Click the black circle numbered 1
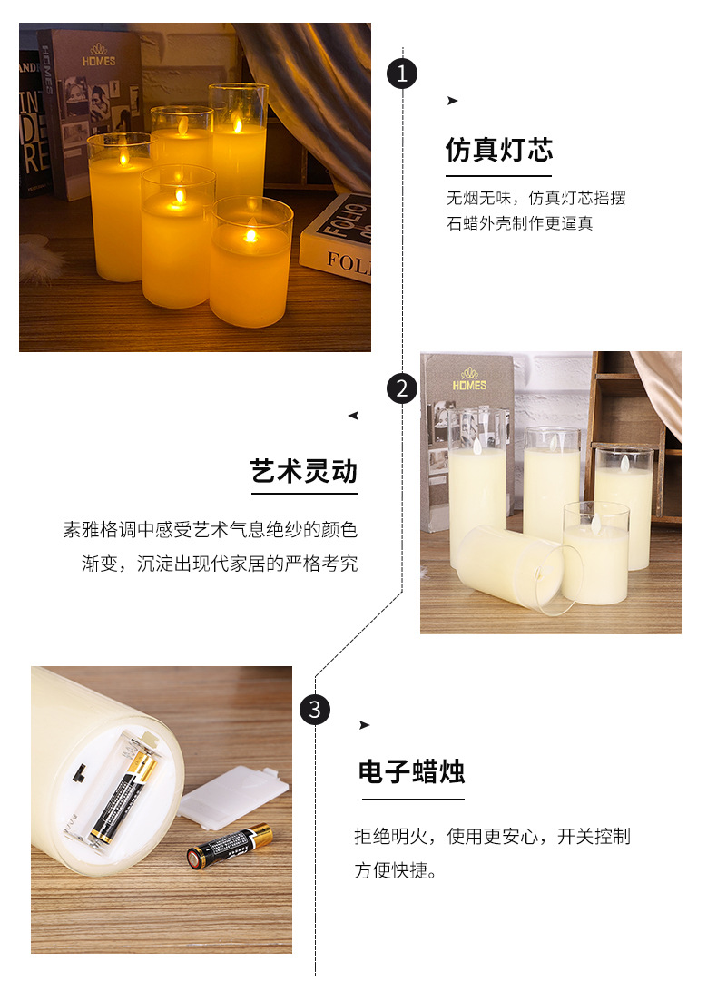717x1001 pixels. pos(402,73)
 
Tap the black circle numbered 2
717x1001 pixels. pos(402,388)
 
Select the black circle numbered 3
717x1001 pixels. pos(314,709)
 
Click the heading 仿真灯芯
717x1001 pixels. pos(498,150)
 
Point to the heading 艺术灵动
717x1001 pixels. pos(304,472)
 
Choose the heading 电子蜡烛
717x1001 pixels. pos(411,772)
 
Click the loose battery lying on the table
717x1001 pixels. pos(230,846)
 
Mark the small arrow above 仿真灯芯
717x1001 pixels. pos(452,101)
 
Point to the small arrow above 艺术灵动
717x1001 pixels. pos(353,416)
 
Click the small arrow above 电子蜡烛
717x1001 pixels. pos(364,724)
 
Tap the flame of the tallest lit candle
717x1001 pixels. pos(239,124)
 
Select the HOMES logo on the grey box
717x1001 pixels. pos(469,378)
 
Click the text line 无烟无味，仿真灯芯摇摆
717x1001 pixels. pos(535,197)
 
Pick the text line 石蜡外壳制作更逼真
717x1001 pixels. pos(519,223)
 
